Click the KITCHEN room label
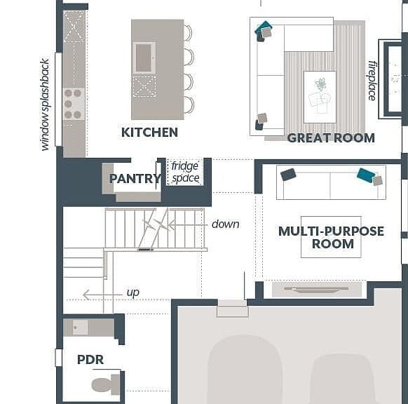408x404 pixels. tap(149, 133)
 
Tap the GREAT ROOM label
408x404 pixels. tap(331, 138)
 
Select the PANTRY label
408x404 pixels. tap(135, 179)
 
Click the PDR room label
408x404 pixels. tap(90, 360)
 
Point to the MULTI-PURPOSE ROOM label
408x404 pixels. tap(332, 237)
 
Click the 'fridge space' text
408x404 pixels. tap(185, 173)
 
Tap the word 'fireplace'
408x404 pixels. tap(372, 81)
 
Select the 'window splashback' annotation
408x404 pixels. tap(45, 105)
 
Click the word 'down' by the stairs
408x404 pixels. tap(225, 224)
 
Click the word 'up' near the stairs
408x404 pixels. tap(133, 292)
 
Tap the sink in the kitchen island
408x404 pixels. tap(144, 58)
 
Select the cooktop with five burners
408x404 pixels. tap(74, 104)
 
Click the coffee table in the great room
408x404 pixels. tap(320, 97)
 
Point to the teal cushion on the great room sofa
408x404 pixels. tap(264, 29)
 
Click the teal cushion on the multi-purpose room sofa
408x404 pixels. tap(366, 175)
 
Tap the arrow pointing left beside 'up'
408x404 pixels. tap(102, 295)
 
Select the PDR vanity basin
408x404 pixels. tap(80, 327)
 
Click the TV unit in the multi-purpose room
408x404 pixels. tap(317, 289)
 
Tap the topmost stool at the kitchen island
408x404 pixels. tap(189, 33)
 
